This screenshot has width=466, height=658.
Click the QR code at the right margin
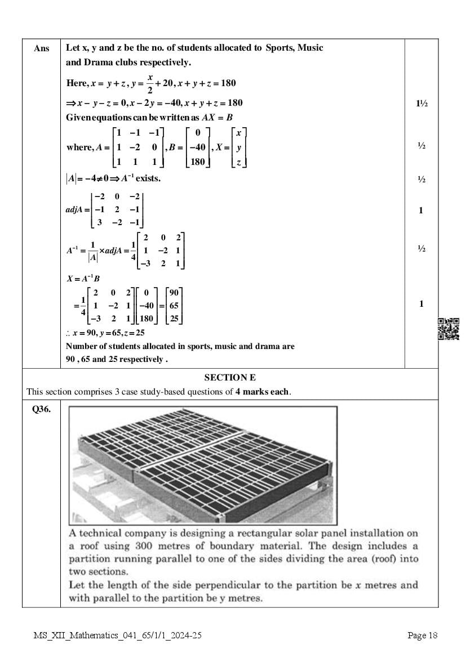[449, 329]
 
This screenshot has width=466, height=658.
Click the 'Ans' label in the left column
[41, 48]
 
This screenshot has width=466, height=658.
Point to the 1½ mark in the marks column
[421, 103]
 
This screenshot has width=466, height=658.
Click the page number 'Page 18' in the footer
[423, 635]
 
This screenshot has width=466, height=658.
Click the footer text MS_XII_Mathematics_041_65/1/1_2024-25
[117, 635]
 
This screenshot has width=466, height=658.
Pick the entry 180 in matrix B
[197, 162]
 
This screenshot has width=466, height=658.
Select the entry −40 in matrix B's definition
[197, 147]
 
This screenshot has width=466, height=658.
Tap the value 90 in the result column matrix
[174, 293]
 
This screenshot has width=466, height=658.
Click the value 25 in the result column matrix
[174, 319]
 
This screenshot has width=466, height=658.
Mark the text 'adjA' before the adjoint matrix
[74, 209]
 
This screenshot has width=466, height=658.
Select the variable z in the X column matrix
[239, 162]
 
